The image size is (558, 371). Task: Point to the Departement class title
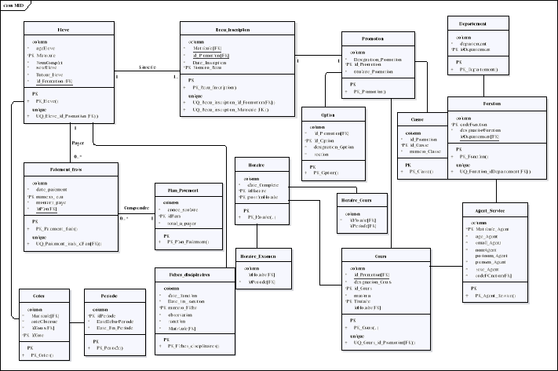point(476,24)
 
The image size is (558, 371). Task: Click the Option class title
point(328,115)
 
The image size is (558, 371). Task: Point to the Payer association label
point(78,143)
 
